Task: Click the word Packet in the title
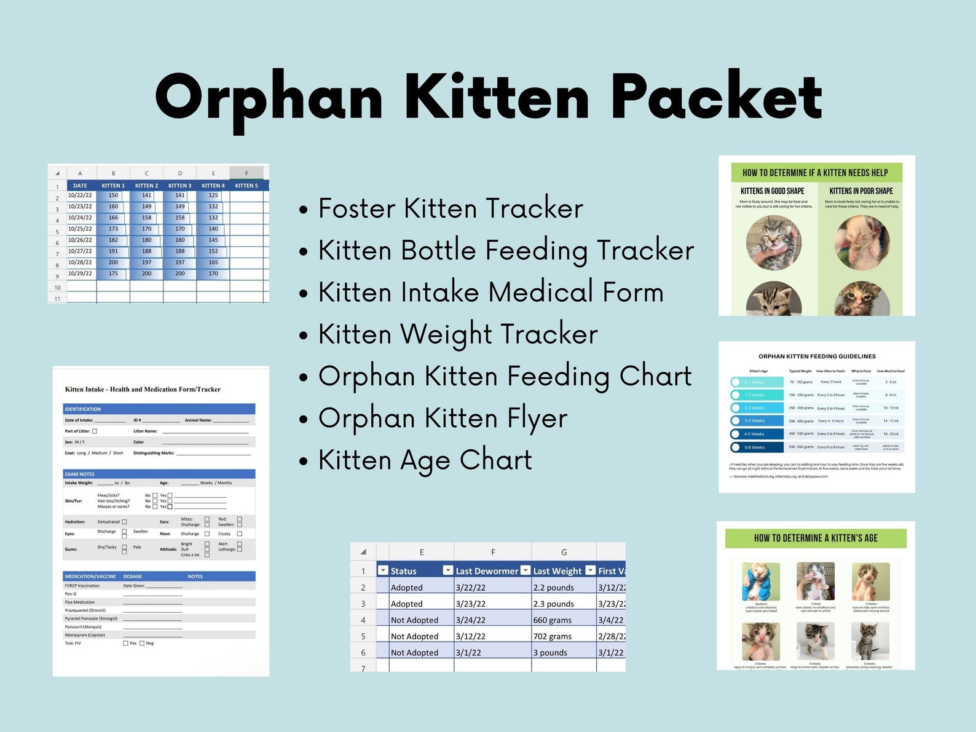pos(717,97)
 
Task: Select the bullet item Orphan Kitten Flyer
pos(443,418)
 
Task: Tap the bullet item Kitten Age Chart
pos(425,460)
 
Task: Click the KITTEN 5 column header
pos(246,186)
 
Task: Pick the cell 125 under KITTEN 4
pos(213,195)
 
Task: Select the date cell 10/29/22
pos(80,274)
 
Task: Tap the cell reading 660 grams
pos(553,620)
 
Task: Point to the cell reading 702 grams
pos(553,636)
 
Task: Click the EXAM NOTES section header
pos(80,474)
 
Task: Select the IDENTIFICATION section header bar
pos(159,409)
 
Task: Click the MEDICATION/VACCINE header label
pos(90,577)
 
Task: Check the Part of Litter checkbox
pos(95,431)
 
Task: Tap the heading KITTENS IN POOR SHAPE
pos(860,191)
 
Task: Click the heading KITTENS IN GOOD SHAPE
pos(772,191)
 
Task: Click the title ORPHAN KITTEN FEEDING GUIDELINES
pos(817,356)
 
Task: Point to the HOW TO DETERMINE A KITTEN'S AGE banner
pos(816,538)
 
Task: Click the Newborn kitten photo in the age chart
pos(760,582)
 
